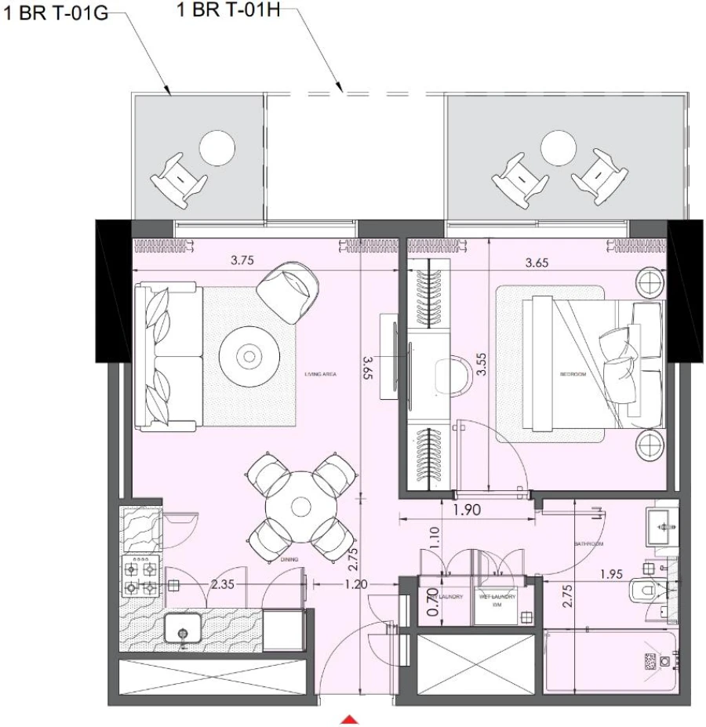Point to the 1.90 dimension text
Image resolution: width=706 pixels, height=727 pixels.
(x=467, y=511)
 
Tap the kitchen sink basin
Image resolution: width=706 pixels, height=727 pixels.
(x=184, y=632)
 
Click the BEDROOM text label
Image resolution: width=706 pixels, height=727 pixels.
(x=573, y=374)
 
